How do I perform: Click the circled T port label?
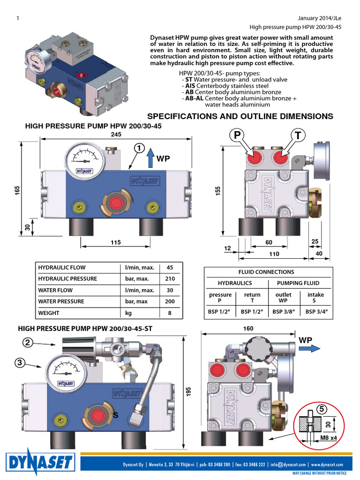click(297, 135)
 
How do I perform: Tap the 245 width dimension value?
click(116, 135)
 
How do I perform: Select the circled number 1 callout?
click(139, 148)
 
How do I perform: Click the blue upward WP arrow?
click(150, 158)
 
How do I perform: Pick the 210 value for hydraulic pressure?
click(170, 279)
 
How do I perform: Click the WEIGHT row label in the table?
click(49, 313)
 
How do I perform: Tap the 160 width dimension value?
click(248, 329)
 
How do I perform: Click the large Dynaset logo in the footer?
click(40, 462)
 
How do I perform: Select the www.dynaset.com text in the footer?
click(330, 464)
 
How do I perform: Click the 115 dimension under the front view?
click(116, 242)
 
